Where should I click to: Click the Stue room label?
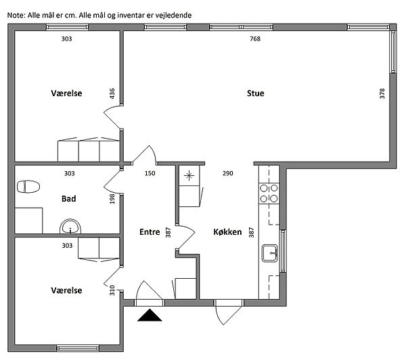[x=256, y=93]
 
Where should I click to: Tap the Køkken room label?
[x=227, y=232]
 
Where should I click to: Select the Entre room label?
[x=150, y=232]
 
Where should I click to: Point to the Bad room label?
[x=69, y=199]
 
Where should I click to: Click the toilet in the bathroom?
[x=28, y=187]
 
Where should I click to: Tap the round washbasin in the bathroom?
[x=70, y=227]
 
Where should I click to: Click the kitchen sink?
[x=269, y=253]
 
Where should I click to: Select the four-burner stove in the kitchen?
[x=269, y=194]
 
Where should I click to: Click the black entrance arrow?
[x=150, y=315]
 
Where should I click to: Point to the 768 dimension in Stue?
[x=255, y=39]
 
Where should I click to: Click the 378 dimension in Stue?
[x=382, y=93]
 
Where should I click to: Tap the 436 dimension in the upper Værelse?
[x=112, y=93]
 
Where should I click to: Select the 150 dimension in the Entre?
[x=150, y=173]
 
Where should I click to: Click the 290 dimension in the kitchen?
[x=228, y=173]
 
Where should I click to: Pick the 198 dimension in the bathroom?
[x=112, y=199]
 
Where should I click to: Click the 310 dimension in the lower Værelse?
[x=112, y=290]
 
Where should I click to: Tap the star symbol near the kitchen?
[x=189, y=175]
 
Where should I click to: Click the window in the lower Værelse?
[x=78, y=348]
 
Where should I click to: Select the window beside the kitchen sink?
[x=284, y=250]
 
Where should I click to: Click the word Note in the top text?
[x=16, y=16]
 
